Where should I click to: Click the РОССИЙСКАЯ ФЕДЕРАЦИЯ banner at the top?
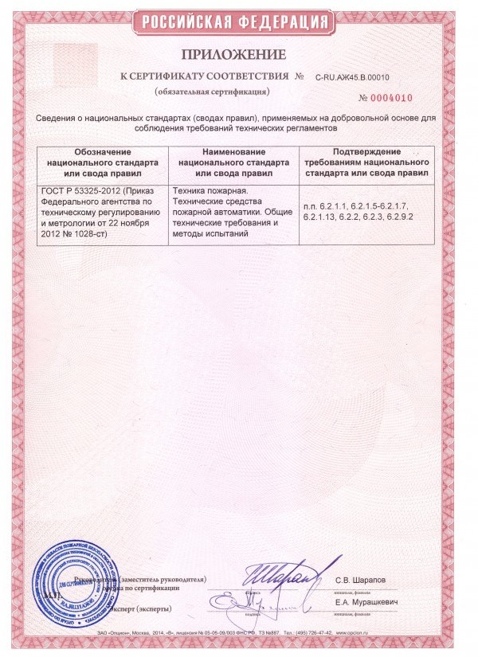239,22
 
